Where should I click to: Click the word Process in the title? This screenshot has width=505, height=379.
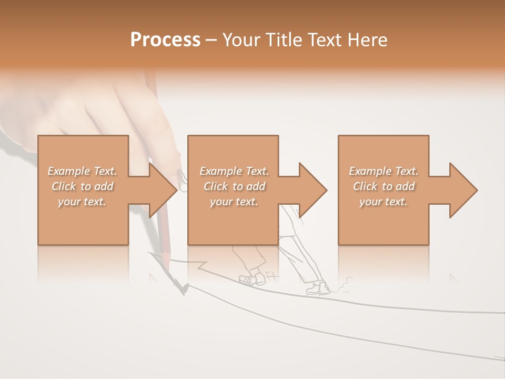[165, 39]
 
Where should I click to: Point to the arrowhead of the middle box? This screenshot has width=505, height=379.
[314, 190]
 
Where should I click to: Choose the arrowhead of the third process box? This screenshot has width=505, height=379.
[464, 190]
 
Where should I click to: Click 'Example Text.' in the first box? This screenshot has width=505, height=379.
[82, 171]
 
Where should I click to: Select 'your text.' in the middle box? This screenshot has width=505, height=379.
[234, 202]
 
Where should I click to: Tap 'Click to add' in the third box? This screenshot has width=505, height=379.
[383, 186]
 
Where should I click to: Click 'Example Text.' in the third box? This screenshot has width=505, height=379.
[383, 171]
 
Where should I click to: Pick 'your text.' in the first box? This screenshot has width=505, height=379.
[82, 202]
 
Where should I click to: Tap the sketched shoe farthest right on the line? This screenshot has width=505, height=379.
[319, 288]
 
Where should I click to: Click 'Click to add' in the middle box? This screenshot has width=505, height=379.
[234, 186]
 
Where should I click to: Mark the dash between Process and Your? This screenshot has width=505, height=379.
[211, 40]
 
